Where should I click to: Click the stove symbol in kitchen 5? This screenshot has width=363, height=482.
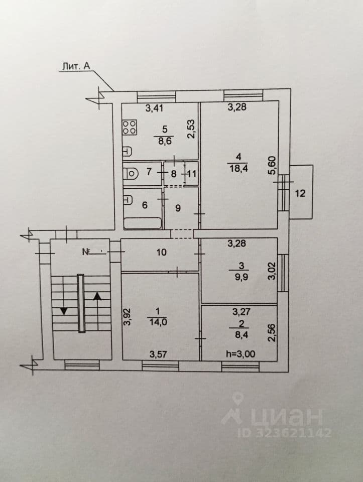point(130,127)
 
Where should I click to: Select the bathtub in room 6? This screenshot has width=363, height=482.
point(142,223)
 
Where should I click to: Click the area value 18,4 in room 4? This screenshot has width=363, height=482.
point(239,168)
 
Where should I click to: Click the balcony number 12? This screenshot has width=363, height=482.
point(300,193)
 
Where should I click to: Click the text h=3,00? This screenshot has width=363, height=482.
point(240,354)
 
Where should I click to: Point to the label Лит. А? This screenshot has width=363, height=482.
point(76,66)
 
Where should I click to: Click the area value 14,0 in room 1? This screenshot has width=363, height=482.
point(158,322)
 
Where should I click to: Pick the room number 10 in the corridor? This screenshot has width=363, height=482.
point(161,253)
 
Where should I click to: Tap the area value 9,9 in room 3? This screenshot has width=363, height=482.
point(241,277)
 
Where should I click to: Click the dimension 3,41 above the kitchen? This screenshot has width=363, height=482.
point(154,108)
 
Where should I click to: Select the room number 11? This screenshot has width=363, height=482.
point(191,174)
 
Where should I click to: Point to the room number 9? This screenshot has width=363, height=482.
point(178,208)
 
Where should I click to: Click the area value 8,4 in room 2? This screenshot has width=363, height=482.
point(241,335)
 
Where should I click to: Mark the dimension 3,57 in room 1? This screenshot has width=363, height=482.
point(158,354)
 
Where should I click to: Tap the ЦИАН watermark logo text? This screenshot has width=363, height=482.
point(287,417)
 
